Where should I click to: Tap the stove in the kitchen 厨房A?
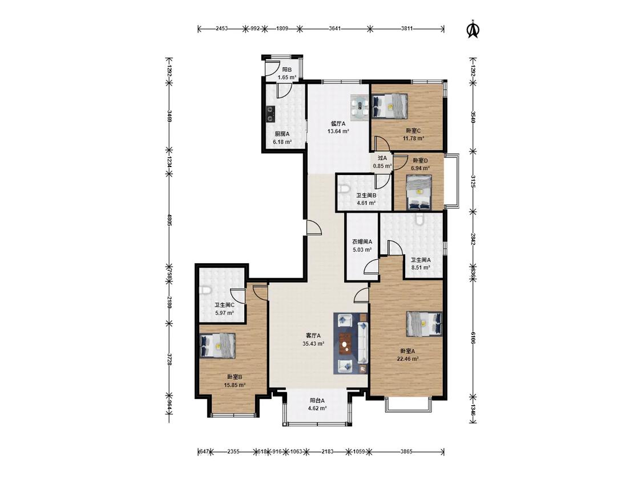click(x=270, y=114)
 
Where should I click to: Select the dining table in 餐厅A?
click(x=360, y=108)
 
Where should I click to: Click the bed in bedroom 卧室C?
click(x=390, y=106)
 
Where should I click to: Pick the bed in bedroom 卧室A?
click(x=425, y=324)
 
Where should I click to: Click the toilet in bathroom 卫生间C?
click(x=205, y=291)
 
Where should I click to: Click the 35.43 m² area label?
click(x=314, y=344)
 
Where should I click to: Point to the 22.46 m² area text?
click(x=408, y=359)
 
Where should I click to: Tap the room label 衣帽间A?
click(x=362, y=242)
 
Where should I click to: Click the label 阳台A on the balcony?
click(x=317, y=401)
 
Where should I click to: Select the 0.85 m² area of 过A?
click(x=382, y=166)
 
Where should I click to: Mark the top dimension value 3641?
click(x=335, y=28)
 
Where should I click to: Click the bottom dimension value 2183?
click(x=327, y=452)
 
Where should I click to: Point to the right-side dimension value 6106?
click(x=473, y=338)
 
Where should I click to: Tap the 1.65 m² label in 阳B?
click(x=287, y=78)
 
